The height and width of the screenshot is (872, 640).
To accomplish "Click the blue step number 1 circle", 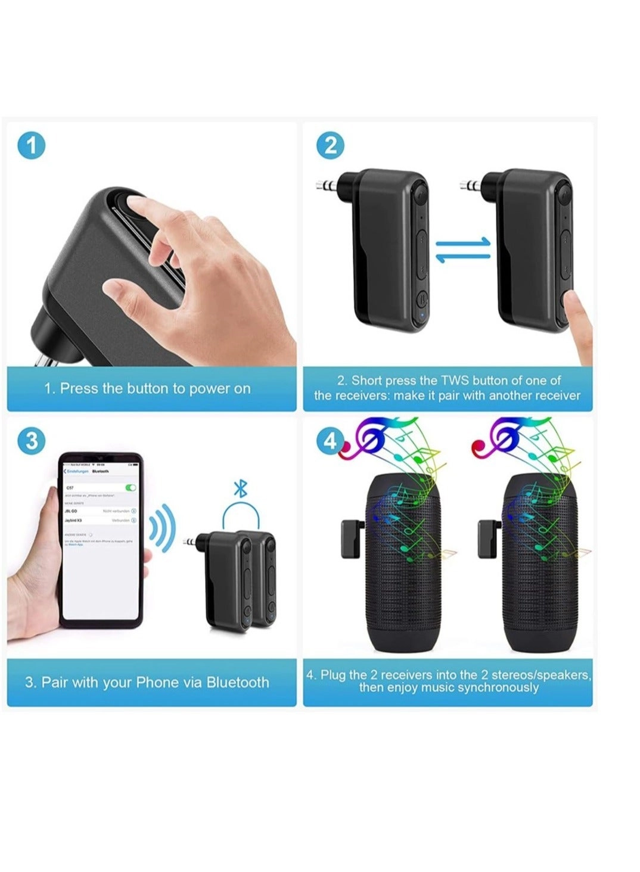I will tap(32, 146).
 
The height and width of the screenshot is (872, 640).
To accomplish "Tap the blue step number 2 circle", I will tap(331, 146).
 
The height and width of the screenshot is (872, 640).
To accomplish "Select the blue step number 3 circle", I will tap(32, 441).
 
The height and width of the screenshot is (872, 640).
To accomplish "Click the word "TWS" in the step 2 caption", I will tap(455, 381).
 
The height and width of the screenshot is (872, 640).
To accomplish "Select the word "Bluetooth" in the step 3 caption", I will tap(238, 683).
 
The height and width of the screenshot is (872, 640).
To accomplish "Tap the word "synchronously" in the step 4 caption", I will tap(498, 688).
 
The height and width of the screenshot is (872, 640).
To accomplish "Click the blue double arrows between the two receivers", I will tap(463, 250).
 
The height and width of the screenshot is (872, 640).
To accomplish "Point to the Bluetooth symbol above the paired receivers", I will tap(240, 490).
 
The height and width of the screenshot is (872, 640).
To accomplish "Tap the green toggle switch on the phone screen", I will tap(131, 487).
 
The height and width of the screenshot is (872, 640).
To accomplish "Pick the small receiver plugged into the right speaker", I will tap(489, 539).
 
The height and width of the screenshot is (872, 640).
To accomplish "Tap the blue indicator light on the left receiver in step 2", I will tap(421, 316).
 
